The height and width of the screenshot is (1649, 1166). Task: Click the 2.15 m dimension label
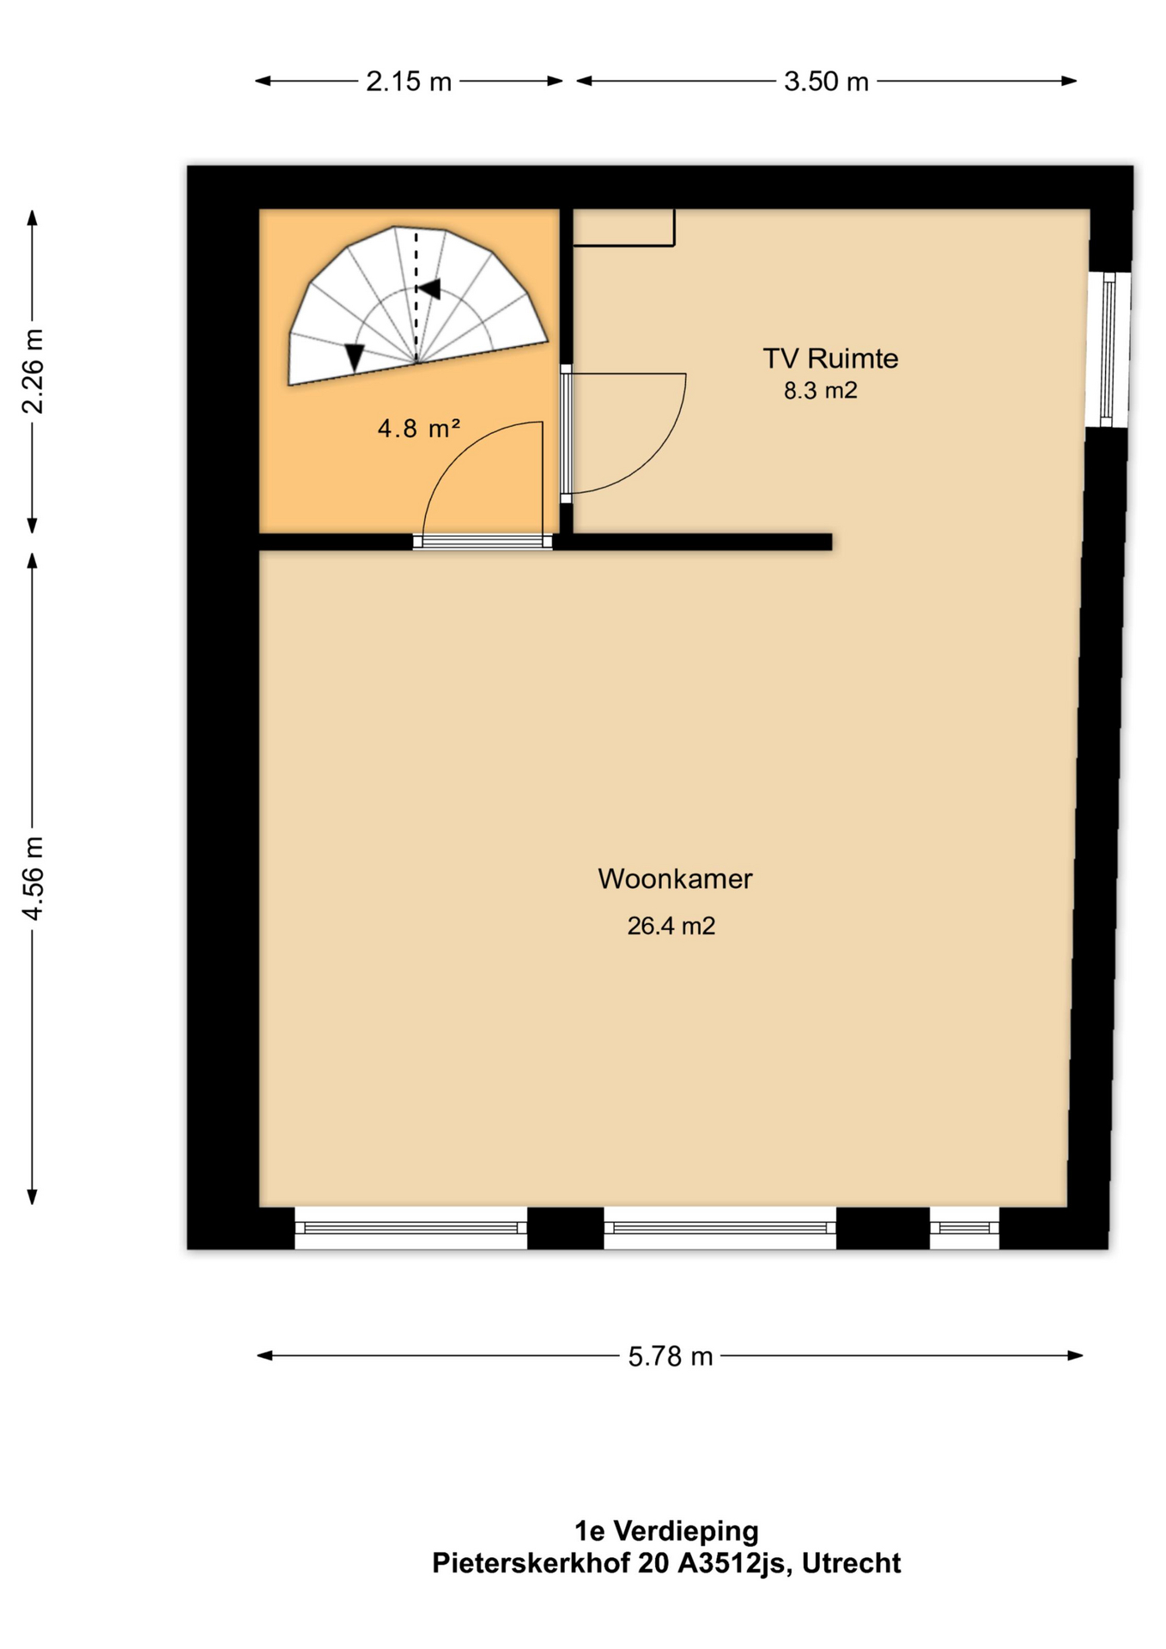409,82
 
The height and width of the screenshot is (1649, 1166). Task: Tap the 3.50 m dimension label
826,82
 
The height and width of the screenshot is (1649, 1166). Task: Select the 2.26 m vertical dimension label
33,371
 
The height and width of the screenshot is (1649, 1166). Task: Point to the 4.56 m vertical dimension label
33,877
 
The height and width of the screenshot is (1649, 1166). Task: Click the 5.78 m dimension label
671,1356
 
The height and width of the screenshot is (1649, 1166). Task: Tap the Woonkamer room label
675,879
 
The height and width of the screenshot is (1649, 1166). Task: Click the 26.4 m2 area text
671,926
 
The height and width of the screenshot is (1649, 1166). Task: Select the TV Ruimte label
830,358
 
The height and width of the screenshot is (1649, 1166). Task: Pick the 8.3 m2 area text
820,391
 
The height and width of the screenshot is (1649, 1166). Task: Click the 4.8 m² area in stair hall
419,428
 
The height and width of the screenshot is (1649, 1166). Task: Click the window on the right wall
1108,349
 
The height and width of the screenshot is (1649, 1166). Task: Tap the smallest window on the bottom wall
964,1228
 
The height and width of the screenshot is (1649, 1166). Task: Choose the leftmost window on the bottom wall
410,1228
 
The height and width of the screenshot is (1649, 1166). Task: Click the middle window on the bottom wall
720,1228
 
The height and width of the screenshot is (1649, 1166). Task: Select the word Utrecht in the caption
851,1563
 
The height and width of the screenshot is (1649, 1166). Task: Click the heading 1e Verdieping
666,1531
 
